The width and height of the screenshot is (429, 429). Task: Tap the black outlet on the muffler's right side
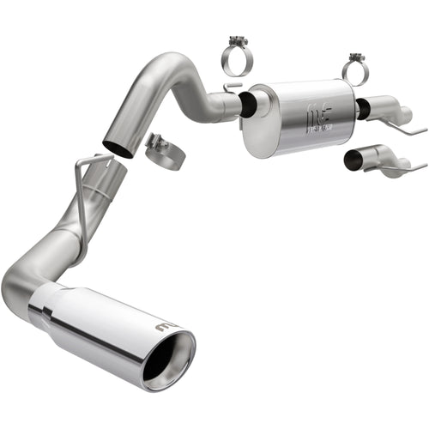pyautogui.click(x=364, y=109)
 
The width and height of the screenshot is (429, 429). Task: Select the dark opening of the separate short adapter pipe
pyautogui.click(x=352, y=160)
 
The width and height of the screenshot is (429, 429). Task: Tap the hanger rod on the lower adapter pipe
pyautogui.click(x=412, y=165)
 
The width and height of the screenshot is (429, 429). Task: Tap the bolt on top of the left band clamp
pyautogui.click(x=235, y=39)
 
